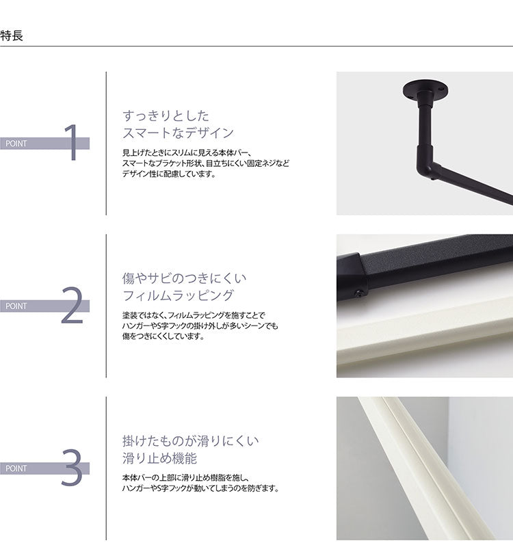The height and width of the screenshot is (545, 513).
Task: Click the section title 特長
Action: click(12, 35)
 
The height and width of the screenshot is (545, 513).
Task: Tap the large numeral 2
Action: click(72, 305)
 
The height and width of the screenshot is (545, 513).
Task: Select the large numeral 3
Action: click(72, 468)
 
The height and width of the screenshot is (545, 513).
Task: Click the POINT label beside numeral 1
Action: click(16, 144)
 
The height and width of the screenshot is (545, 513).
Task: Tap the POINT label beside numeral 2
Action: click(16, 306)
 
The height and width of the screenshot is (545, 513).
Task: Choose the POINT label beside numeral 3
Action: click(16, 468)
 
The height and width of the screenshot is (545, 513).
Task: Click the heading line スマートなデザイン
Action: click(178, 133)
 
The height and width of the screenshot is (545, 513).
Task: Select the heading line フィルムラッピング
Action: click(178, 295)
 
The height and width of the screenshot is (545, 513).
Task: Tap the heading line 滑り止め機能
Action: click(159, 457)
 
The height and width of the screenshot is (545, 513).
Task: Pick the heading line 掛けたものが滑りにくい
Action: click(190, 440)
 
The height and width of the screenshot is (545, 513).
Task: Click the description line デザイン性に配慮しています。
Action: click(168, 174)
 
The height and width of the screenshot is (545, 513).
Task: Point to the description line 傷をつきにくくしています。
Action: click(163, 336)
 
